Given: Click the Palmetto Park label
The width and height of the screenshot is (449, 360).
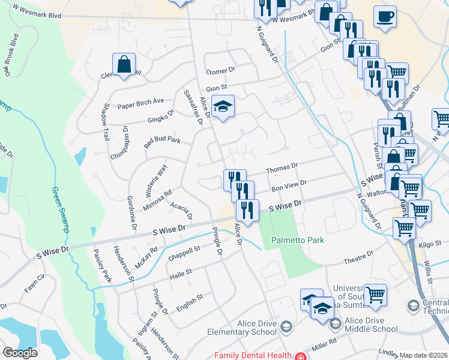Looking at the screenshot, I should click(297, 240).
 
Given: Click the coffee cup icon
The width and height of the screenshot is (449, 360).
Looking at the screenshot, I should click(384, 17).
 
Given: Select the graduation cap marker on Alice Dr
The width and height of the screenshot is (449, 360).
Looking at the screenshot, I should click(223, 107).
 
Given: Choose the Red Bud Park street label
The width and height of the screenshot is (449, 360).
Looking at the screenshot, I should click(162, 142).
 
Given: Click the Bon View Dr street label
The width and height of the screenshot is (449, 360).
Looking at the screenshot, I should click(289, 185).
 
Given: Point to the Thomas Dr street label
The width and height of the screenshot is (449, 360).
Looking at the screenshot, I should click(282, 167).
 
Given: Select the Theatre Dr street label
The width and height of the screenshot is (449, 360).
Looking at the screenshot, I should click(359, 257).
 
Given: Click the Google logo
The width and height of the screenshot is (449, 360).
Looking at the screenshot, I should click(20, 353).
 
